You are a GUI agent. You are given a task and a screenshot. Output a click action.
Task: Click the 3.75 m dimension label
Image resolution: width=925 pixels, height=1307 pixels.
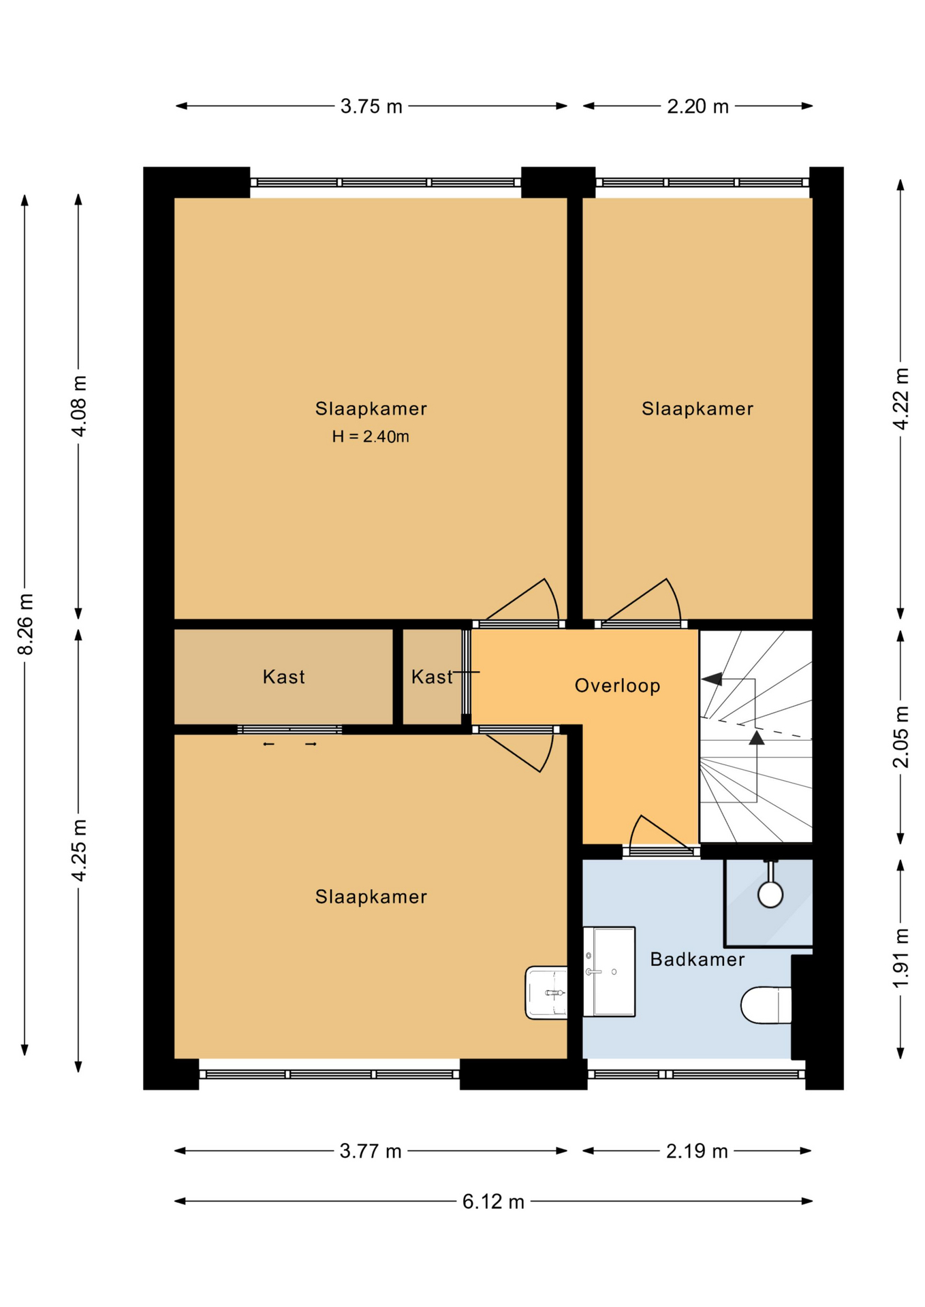click(x=371, y=106)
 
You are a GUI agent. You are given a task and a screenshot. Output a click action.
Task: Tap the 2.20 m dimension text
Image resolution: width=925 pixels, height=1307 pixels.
click(x=697, y=106)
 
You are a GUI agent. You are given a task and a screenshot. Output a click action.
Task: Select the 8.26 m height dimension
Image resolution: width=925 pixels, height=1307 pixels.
click(x=25, y=624)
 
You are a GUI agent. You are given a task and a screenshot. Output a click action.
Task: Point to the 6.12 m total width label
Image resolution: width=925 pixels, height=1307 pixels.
click(x=493, y=1201)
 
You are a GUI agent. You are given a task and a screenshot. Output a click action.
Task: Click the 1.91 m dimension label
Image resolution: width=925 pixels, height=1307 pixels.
click(x=900, y=958)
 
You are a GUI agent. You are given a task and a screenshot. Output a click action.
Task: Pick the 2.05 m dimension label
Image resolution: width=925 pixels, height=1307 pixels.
click(x=900, y=737)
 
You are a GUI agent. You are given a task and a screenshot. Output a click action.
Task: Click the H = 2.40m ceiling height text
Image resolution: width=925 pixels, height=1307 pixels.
click(x=371, y=436)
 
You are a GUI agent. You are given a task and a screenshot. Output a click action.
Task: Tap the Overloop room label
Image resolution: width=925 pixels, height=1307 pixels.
click(x=617, y=685)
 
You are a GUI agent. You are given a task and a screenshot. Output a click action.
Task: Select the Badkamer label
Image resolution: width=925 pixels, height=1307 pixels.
click(x=697, y=959)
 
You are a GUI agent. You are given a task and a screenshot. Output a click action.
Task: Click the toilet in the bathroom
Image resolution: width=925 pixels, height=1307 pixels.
click(x=766, y=1005)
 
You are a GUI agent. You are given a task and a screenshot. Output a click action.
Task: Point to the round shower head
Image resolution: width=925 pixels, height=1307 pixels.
click(x=770, y=894)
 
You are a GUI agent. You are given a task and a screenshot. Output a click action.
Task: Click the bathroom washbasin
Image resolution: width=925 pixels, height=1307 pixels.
click(x=609, y=971)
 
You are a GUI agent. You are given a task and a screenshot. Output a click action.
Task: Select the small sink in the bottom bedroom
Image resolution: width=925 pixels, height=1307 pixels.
click(x=546, y=993)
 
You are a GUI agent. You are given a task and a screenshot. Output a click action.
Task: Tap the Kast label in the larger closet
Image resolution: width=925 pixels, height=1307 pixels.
click(x=283, y=677)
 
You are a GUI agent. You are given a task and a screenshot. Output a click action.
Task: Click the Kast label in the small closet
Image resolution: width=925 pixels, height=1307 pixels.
click(x=432, y=677)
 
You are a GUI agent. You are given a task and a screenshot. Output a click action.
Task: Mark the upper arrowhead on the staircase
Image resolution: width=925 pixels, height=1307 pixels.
click(x=712, y=679)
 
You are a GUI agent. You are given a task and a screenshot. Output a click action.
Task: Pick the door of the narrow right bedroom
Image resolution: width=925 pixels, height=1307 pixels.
click(x=641, y=602)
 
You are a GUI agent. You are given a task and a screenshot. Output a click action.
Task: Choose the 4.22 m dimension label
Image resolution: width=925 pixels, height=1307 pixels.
click(x=900, y=399)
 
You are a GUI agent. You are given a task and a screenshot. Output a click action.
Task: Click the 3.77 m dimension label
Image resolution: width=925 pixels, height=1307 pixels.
click(x=371, y=1151)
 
